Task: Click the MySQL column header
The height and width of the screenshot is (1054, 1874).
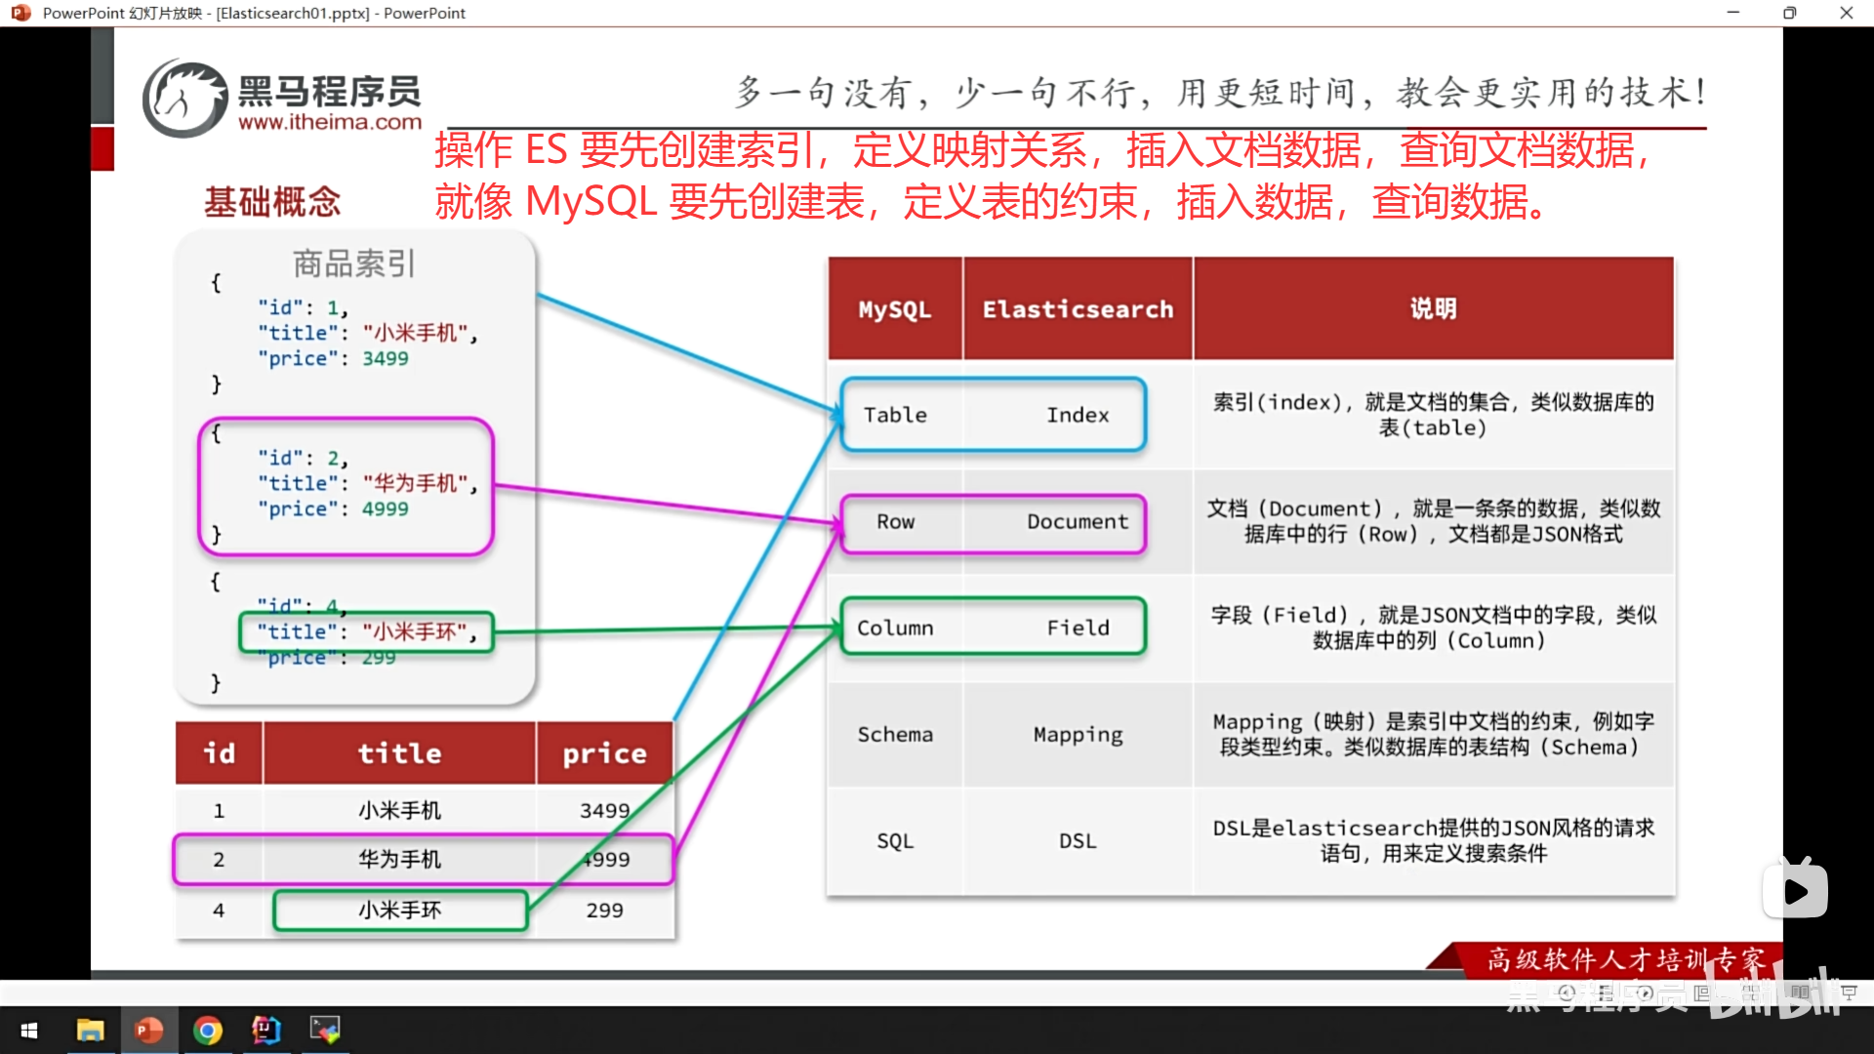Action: coord(894,309)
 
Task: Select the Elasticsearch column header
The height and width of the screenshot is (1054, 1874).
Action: coord(1078,309)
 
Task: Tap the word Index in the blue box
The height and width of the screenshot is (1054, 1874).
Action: coord(1078,415)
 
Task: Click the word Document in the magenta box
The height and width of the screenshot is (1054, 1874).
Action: coord(1078,522)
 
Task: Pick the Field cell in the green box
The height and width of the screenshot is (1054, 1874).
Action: coord(1078,628)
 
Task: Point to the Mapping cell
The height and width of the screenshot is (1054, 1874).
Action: coord(1078,735)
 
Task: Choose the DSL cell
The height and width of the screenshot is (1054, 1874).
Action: coord(1078,841)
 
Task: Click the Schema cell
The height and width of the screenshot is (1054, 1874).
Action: coord(895,735)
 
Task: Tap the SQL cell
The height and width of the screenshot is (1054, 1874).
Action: coord(895,841)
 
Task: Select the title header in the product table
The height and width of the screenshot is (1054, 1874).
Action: coord(399,753)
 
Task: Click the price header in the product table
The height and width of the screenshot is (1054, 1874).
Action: coord(604,753)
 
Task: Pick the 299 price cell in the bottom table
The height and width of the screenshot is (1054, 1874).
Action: coord(604,911)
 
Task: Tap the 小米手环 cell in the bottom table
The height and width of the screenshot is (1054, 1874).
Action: coord(399,911)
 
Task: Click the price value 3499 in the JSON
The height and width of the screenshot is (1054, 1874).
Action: coord(386,359)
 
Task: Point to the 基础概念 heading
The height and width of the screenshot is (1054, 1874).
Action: coord(272,202)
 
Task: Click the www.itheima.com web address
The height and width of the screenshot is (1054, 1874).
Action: coord(330,123)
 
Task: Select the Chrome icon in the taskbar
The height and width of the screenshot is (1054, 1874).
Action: coord(208,1031)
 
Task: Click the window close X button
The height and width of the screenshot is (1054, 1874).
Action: coord(1846,13)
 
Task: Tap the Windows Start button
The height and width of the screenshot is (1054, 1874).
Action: coord(29,1031)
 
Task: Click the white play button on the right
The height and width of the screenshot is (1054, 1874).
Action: coord(1795,890)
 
